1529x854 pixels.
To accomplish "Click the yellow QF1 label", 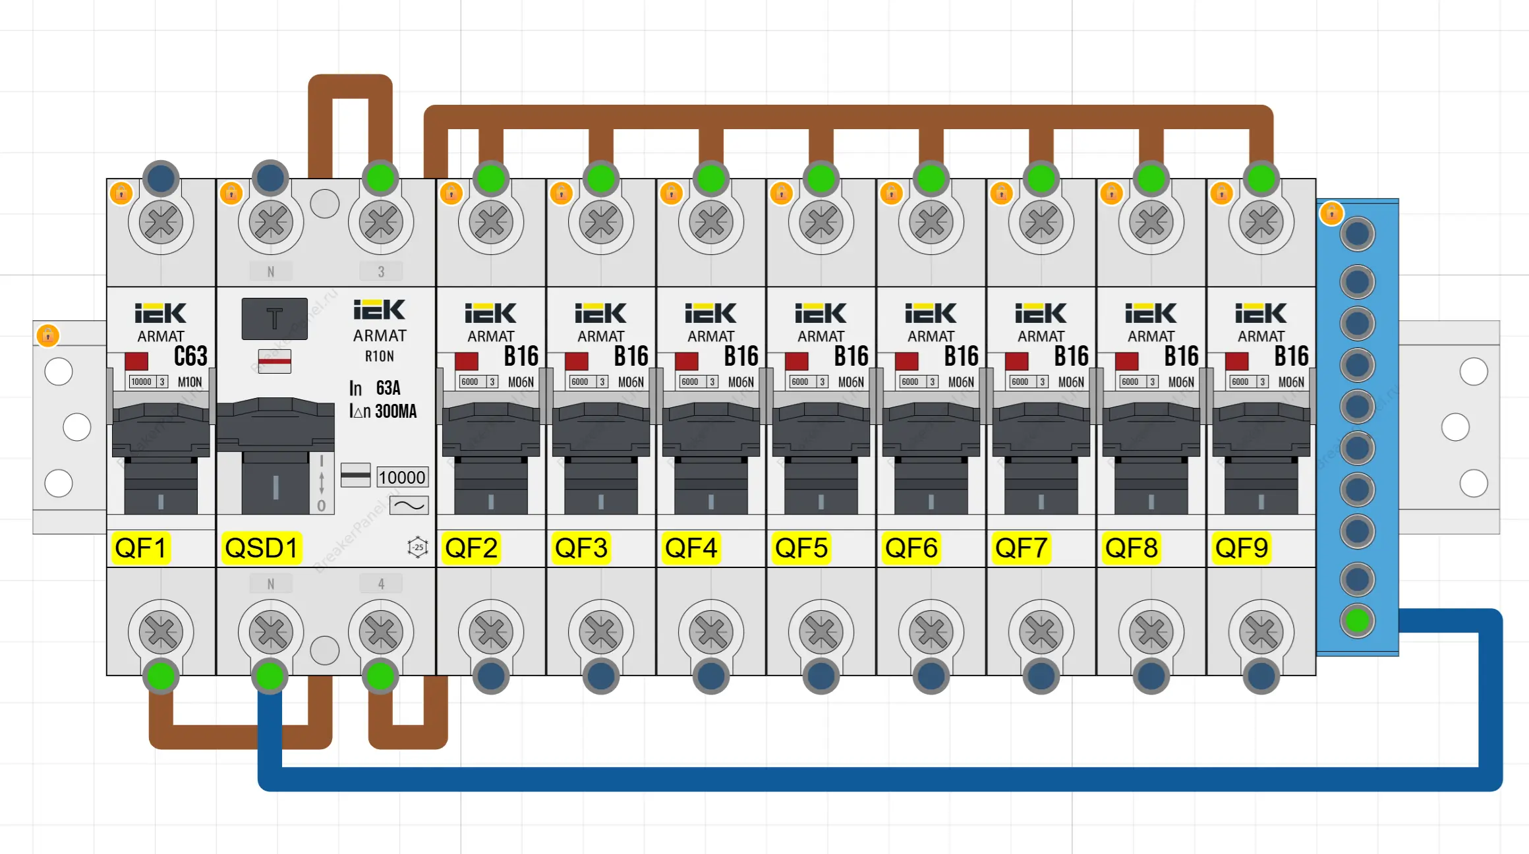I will coord(140,548).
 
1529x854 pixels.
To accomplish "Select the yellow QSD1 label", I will coord(261,548).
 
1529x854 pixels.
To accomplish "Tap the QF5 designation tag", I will coord(801,548).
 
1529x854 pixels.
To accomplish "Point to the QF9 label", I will coord(1242,548).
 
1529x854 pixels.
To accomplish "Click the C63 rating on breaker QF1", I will coord(190,356).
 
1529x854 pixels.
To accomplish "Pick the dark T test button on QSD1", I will coord(274,319).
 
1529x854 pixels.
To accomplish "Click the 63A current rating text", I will coord(388,388).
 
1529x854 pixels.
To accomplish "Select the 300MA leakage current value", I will coord(395,412).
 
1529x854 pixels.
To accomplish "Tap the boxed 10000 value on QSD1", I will coord(402,477).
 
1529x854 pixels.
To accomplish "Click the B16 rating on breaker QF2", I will coord(521,356).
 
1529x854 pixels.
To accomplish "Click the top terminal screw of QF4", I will coord(711,222).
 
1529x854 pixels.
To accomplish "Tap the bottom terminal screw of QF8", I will coord(1151,633).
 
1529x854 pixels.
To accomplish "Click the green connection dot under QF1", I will coord(161,675).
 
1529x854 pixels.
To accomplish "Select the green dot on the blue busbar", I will coord(1357,621).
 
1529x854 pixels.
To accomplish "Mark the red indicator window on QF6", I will coord(907,361).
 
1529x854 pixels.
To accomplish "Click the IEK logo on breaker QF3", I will coord(600,313).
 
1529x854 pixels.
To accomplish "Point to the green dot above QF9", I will coord(1261,178).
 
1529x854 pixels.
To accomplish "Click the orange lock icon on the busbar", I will coord(1331,213).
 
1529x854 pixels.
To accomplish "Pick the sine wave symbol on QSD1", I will coord(409,505).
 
